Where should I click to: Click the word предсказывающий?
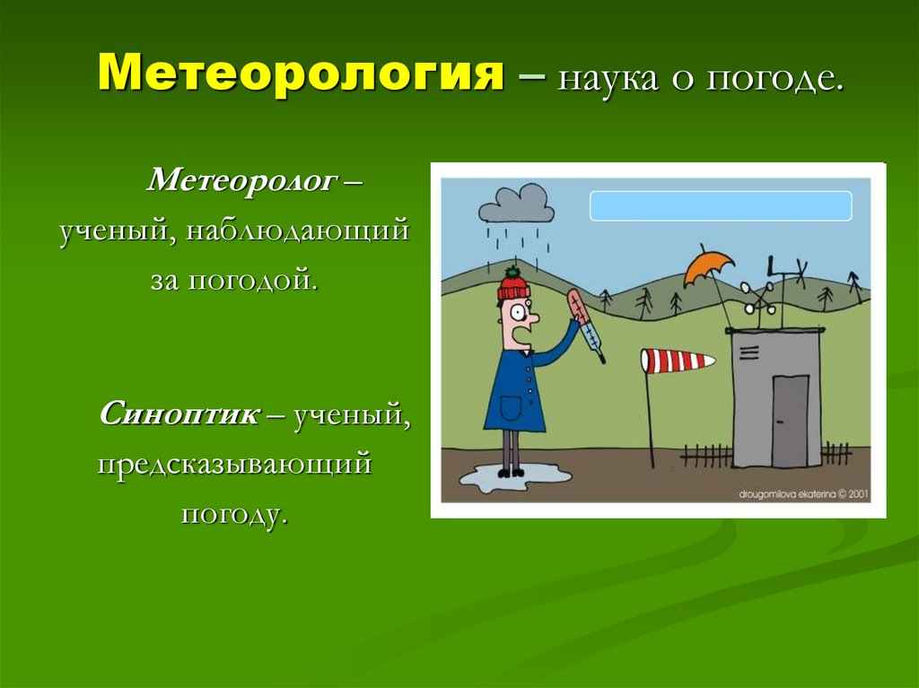click(x=233, y=465)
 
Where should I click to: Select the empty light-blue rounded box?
click(x=720, y=205)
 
